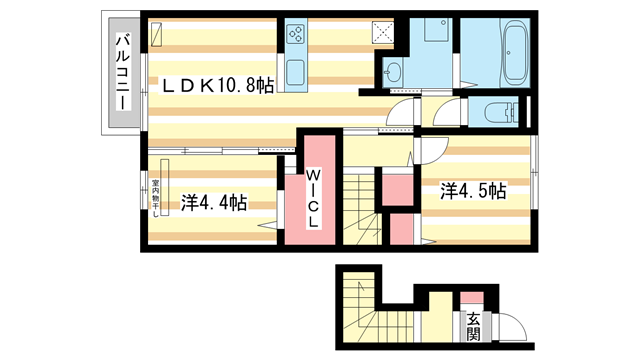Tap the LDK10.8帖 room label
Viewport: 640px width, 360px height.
coord(218,88)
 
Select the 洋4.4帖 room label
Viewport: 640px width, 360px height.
coord(215,202)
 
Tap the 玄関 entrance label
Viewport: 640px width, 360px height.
coord(472,324)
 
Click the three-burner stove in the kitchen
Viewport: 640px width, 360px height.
coord(297,36)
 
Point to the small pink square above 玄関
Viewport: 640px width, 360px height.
coord(470,295)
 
